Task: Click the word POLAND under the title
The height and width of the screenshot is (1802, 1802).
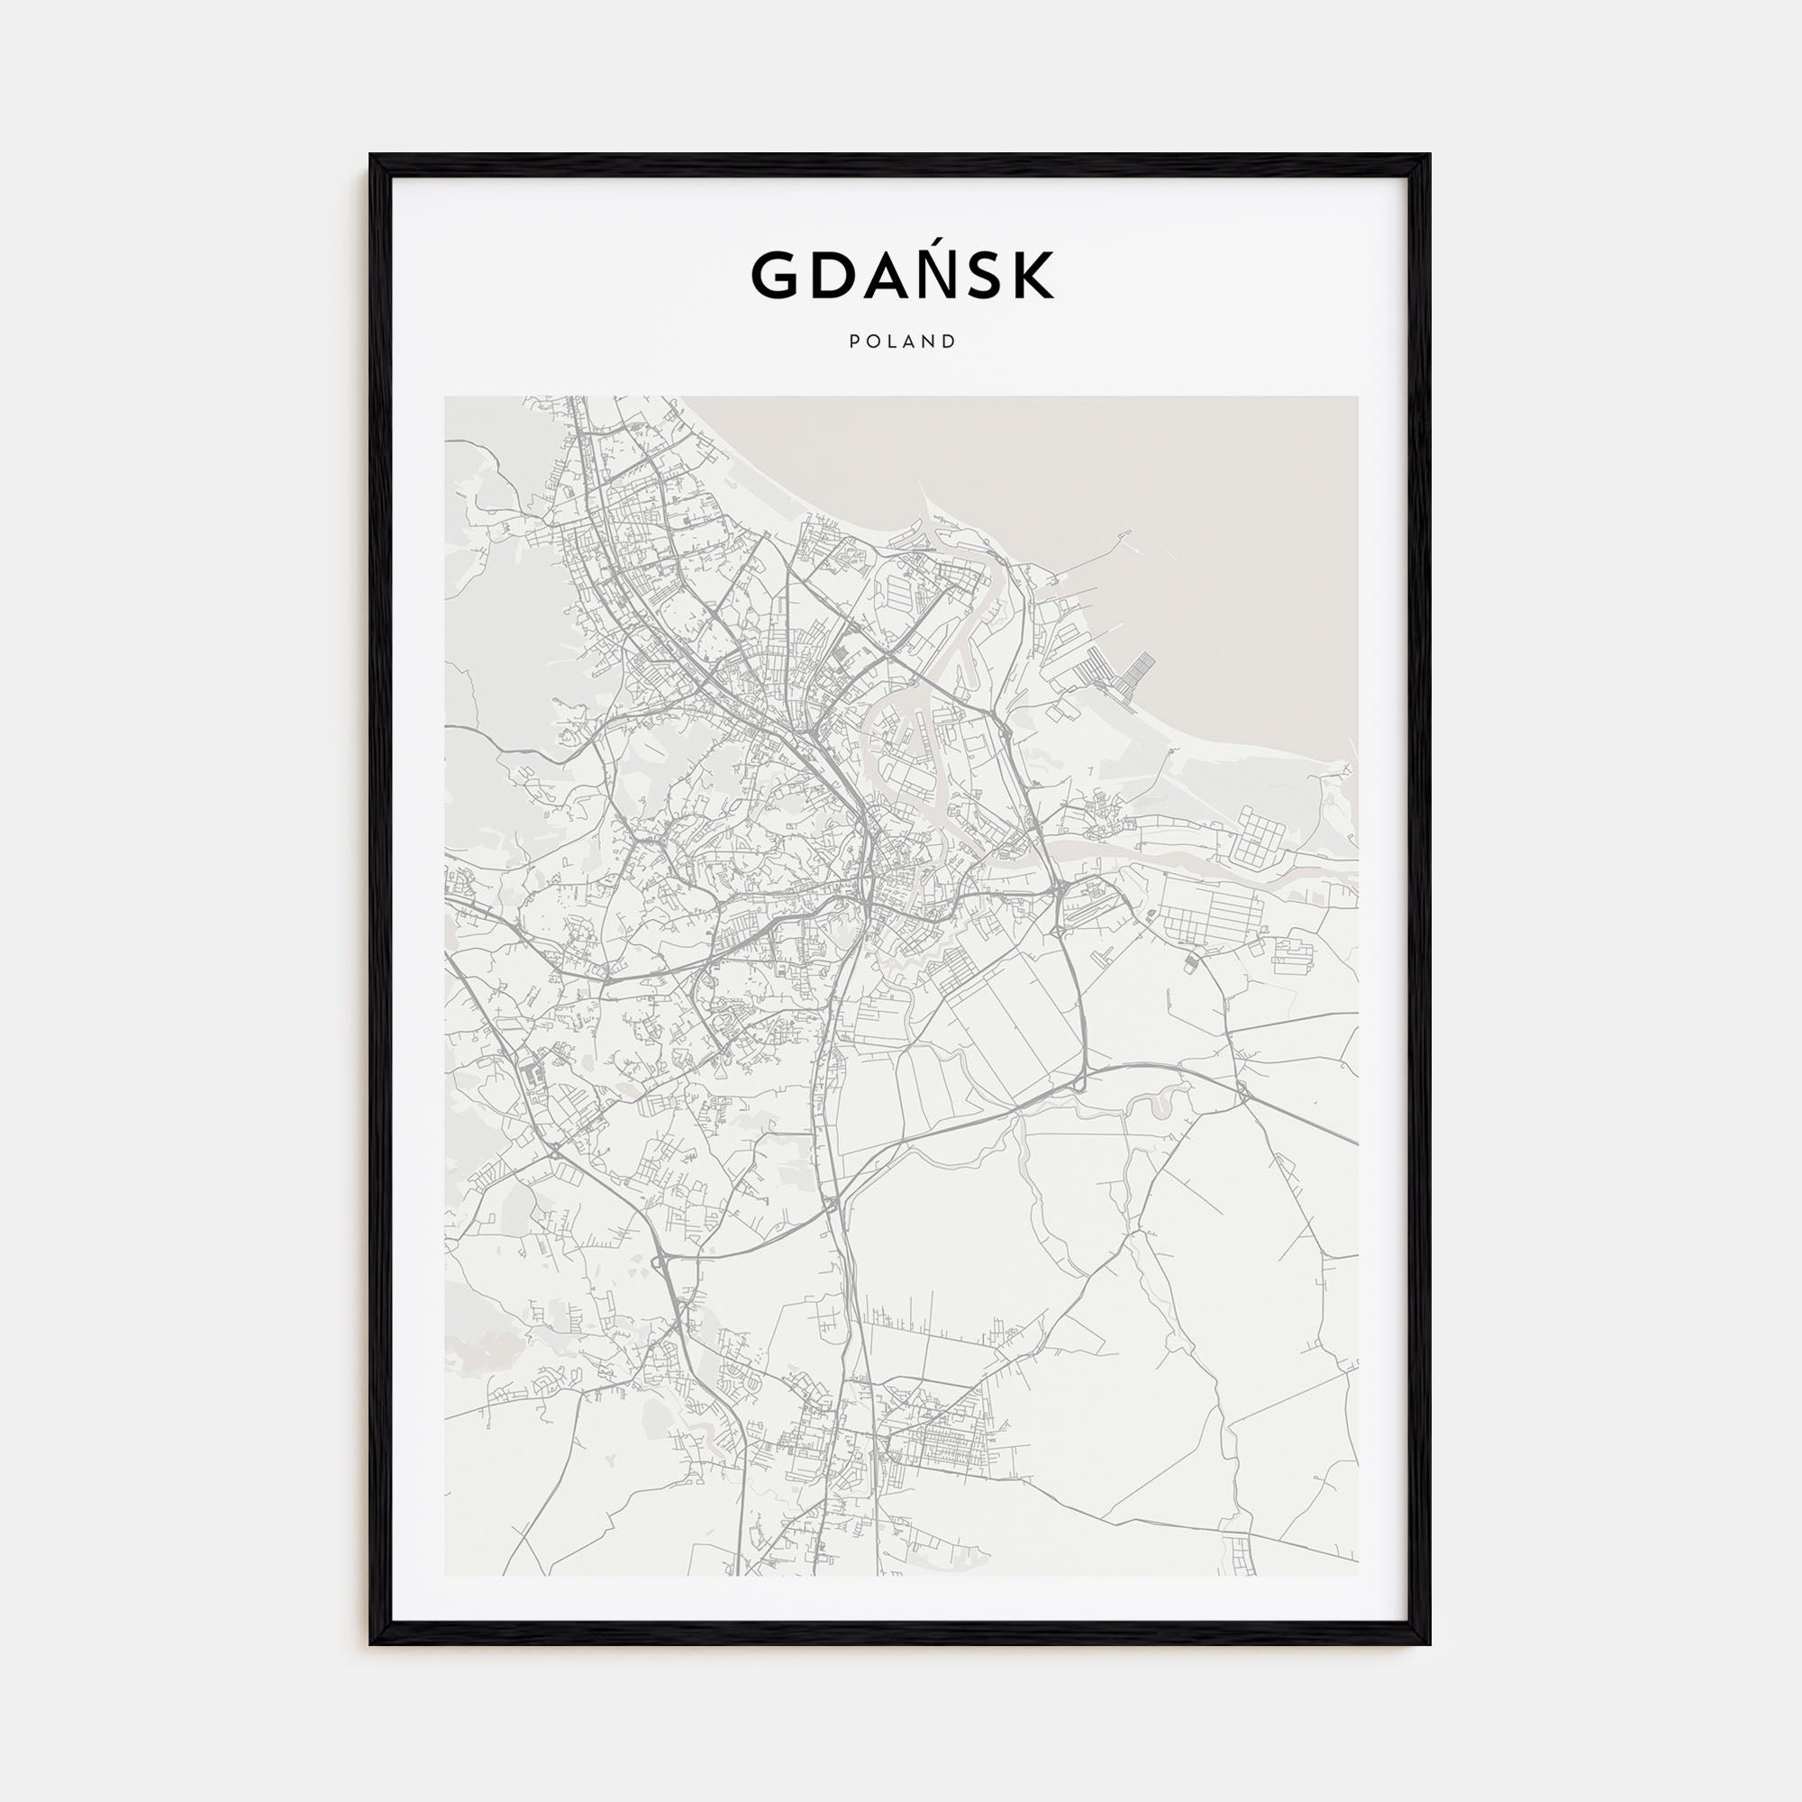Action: pos(902,341)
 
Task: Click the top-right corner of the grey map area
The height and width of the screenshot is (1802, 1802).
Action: pos(1357,397)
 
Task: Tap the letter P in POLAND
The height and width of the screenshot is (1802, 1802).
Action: pos(854,341)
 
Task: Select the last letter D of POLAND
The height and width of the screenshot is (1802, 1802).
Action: pos(951,341)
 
